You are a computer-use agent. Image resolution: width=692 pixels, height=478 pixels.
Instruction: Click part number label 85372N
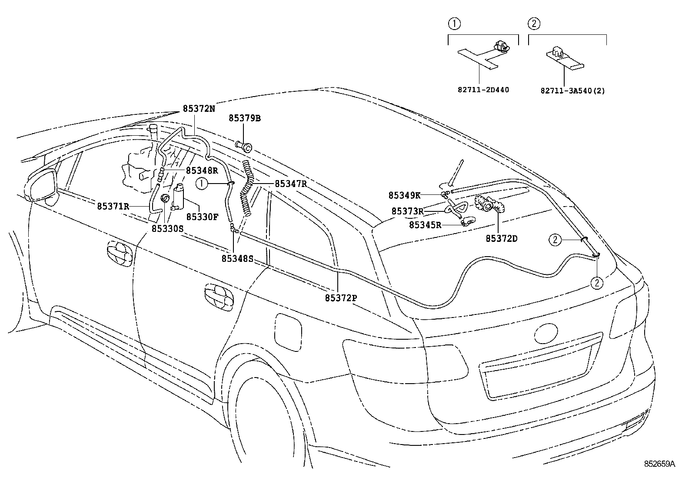click(x=199, y=109)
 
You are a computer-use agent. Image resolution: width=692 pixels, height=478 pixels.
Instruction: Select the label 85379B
click(x=245, y=118)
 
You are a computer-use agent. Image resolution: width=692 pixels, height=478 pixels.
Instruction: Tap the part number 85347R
click(x=291, y=184)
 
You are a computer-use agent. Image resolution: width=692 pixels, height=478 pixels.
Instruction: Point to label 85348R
click(x=202, y=170)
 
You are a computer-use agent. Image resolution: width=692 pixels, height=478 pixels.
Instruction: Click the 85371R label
click(x=113, y=206)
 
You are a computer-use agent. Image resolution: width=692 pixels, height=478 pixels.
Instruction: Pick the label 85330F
click(x=202, y=216)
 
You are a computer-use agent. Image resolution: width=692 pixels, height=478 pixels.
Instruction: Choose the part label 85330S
click(x=168, y=228)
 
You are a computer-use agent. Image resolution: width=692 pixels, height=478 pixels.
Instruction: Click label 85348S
click(x=237, y=258)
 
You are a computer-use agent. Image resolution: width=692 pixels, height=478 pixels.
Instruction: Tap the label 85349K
click(x=405, y=195)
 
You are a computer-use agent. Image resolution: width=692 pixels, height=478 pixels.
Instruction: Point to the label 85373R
click(x=407, y=211)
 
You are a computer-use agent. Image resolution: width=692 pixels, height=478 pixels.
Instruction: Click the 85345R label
click(x=425, y=225)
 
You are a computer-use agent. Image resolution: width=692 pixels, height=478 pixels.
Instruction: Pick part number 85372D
click(x=502, y=238)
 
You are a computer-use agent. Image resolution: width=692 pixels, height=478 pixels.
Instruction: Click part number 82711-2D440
click(x=483, y=90)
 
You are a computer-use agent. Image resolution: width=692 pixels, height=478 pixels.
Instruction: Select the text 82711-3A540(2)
click(x=572, y=90)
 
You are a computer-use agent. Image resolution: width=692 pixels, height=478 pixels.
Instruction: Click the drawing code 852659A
click(x=659, y=465)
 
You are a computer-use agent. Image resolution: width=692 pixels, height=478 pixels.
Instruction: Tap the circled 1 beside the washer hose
click(x=202, y=184)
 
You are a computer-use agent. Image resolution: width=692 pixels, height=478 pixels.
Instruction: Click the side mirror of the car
click(x=43, y=186)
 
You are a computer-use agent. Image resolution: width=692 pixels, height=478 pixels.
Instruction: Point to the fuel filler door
click(x=288, y=329)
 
